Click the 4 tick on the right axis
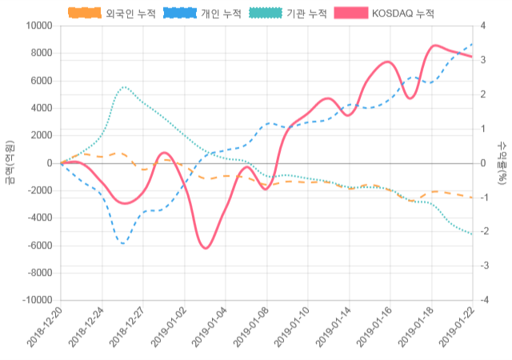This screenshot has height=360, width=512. coord(483,26)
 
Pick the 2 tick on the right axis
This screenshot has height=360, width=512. coord(483,94)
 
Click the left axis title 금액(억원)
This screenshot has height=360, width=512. coord(10,162)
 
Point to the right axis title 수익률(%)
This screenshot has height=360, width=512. coord(502,162)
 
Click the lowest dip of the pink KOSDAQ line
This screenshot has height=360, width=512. coord(206,248)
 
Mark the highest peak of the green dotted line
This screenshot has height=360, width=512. coord(124,86)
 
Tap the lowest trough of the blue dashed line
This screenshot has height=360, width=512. coord(123,242)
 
